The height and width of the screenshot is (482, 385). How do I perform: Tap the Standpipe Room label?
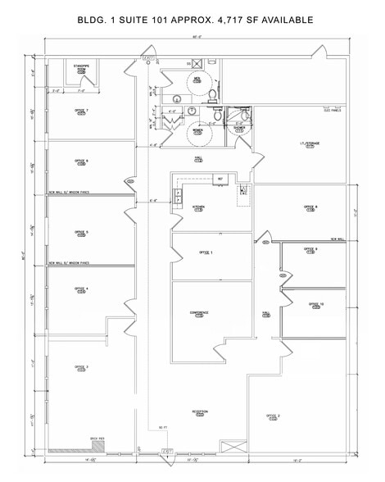81,67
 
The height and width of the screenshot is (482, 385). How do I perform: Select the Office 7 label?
81,111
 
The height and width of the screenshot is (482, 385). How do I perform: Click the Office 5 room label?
81,234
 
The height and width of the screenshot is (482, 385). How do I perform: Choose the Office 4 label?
81,290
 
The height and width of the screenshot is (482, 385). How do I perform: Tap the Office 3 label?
81,368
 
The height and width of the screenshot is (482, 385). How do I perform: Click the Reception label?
201,412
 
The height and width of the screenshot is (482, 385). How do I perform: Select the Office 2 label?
273,417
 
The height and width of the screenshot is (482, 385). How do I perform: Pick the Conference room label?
199,313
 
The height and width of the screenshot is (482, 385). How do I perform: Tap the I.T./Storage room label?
308,145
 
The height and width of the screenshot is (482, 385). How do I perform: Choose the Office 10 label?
316,305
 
